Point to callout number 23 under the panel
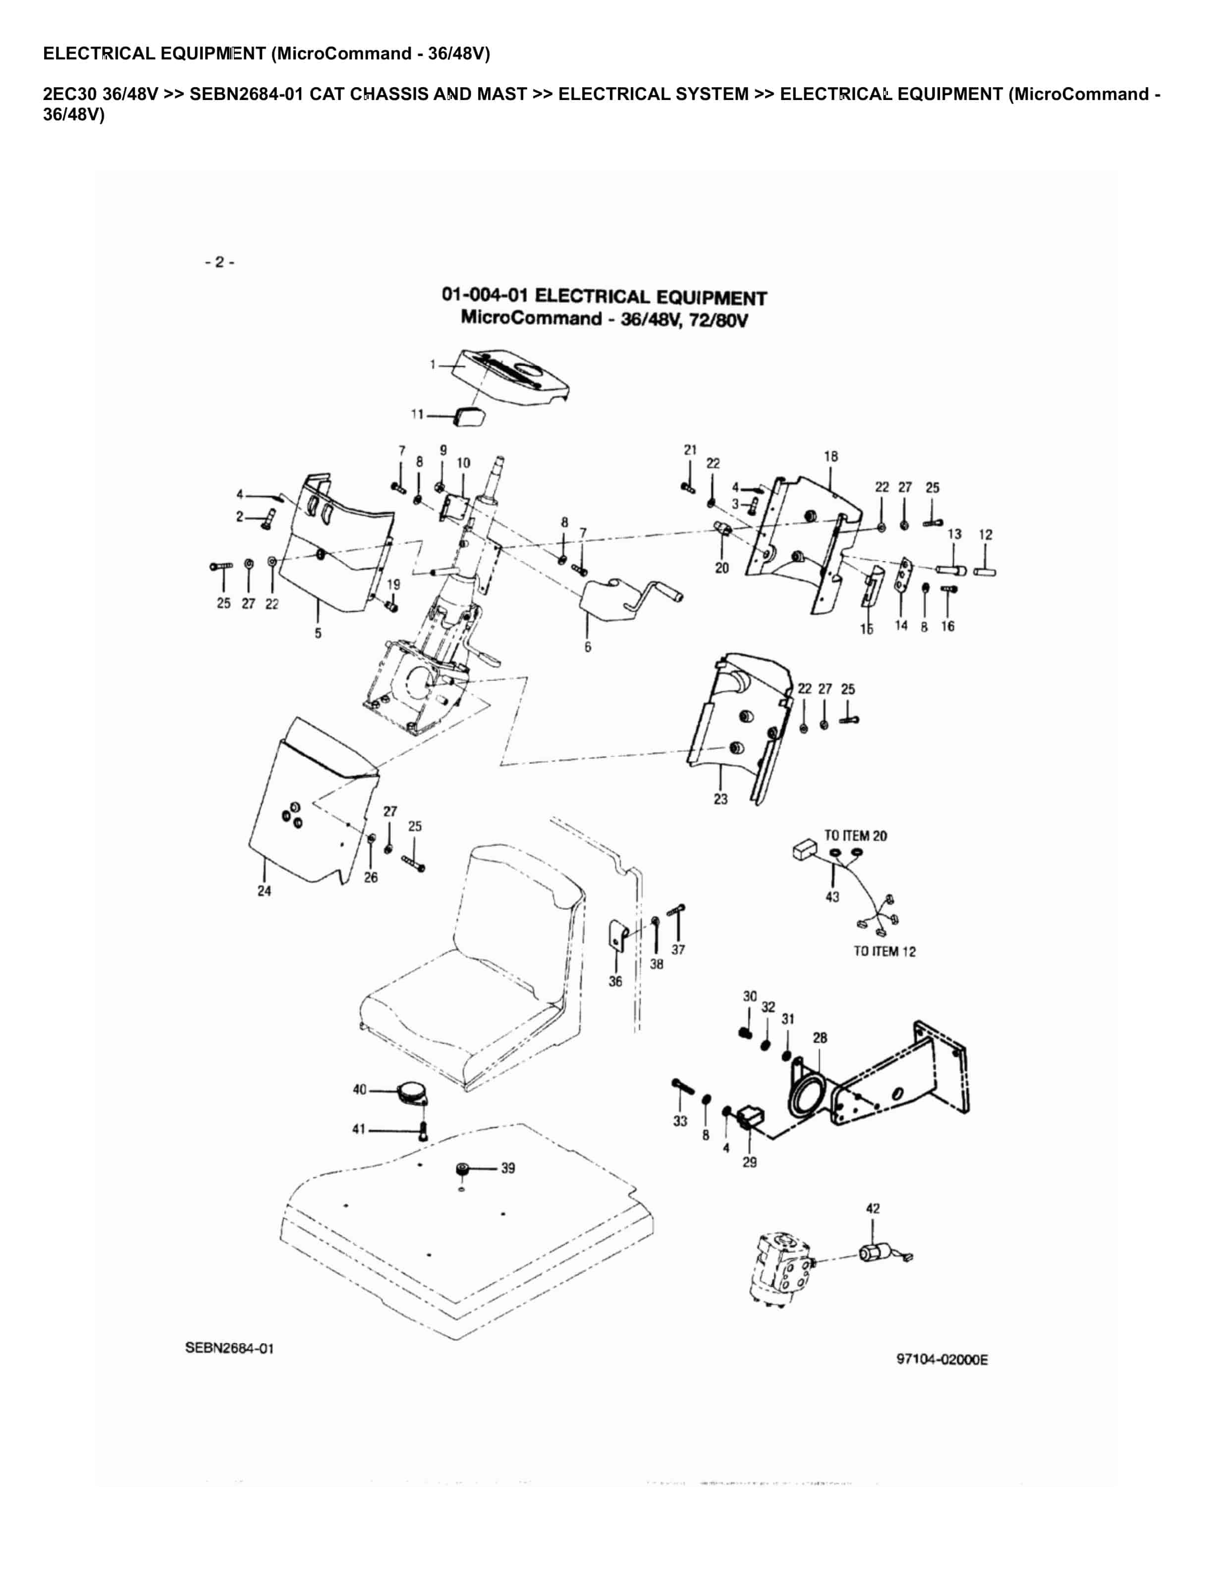click(x=721, y=799)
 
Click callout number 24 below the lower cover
click(x=265, y=891)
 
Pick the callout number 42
click(x=873, y=1208)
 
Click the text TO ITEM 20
click(x=855, y=836)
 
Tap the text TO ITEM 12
click(x=884, y=951)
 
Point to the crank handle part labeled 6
click(x=611, y=598)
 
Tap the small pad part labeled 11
click(x=469, y=417)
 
